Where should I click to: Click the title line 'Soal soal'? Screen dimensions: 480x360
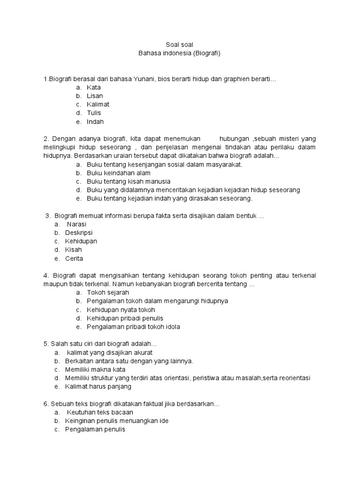180,45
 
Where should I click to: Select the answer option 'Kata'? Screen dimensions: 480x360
94,88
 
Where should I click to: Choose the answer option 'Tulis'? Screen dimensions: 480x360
94,113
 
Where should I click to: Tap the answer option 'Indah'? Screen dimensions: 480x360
95,122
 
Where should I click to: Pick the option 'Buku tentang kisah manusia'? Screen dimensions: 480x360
128,181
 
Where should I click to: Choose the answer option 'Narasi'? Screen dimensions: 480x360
77,224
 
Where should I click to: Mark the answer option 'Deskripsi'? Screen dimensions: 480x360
79,232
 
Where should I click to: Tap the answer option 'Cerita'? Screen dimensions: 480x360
74,258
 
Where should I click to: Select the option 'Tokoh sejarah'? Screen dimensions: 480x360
108,292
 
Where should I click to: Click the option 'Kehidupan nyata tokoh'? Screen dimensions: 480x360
121,310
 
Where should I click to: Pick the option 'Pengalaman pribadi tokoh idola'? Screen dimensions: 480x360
133,327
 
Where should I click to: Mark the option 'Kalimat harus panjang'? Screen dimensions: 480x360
98,387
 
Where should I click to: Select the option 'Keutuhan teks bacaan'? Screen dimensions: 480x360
100,412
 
